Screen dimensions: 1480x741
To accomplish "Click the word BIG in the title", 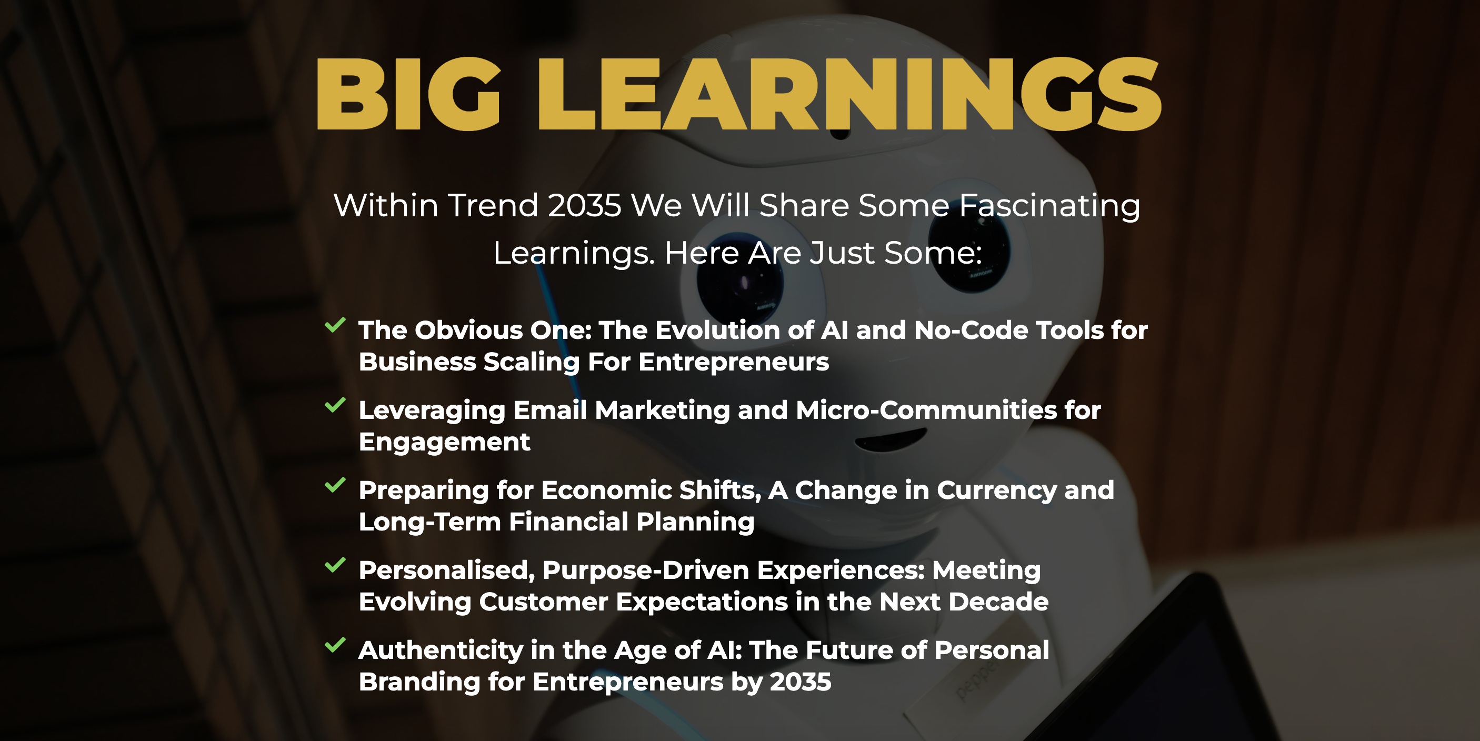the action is [408, 94].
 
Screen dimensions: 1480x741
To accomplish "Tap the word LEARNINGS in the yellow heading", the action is [849, 94].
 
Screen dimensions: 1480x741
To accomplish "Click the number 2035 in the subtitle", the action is [584, 205].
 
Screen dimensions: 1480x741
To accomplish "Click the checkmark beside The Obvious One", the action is [335, 325].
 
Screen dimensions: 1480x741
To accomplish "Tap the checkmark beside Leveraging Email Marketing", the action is [335, 405].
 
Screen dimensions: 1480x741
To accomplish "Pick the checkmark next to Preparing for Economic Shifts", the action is [335, 485].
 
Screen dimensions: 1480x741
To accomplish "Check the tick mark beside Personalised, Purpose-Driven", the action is [335, 565].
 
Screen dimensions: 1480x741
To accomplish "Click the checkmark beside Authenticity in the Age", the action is [335, 645].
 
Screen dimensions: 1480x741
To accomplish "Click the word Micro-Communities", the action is [926, 409].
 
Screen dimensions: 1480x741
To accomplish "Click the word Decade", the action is [998, 602].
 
